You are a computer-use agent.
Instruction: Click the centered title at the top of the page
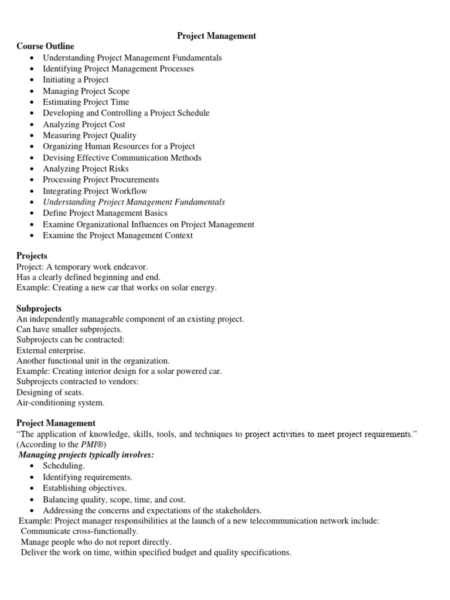coord(217,36)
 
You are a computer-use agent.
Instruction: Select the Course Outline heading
coord(45,46)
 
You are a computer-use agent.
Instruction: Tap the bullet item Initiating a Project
coord(76,80)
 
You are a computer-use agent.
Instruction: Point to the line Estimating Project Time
coord(86,102)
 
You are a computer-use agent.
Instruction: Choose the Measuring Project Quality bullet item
coord(89,135)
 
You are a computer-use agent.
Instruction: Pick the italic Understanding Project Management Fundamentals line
coord(134,202)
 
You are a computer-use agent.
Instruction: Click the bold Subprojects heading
coord(39,308)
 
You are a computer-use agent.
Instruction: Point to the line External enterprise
coord(50,350)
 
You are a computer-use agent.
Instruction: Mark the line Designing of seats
coord(50,392)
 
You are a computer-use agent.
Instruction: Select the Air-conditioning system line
coord(60,403)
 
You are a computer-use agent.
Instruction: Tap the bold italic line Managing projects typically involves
coord(86,455)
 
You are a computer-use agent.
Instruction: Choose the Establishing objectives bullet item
coord(84,488)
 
